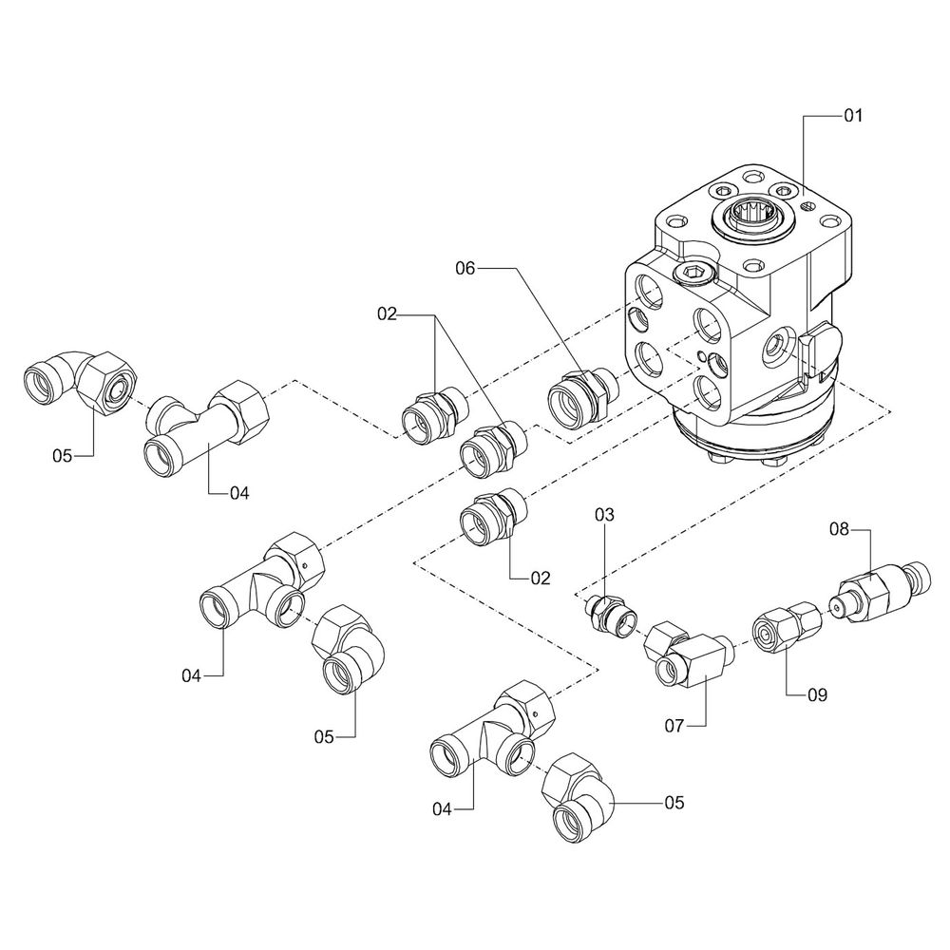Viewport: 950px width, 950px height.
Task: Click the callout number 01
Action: pyautogui.click(x=852, y=116)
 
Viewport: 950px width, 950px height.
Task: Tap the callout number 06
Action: pyautogui.click(x=464, y=269)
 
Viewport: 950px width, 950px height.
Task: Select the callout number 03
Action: pyautogui.click(x=606, y=515)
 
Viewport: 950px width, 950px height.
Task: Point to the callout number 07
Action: pyautogui.click(x=674, y=727)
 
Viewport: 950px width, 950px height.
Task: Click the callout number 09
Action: pyautogui.click(x=817, y=695)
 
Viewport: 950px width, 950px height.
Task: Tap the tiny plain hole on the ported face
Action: pyautogui.click(x=701, y=355)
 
